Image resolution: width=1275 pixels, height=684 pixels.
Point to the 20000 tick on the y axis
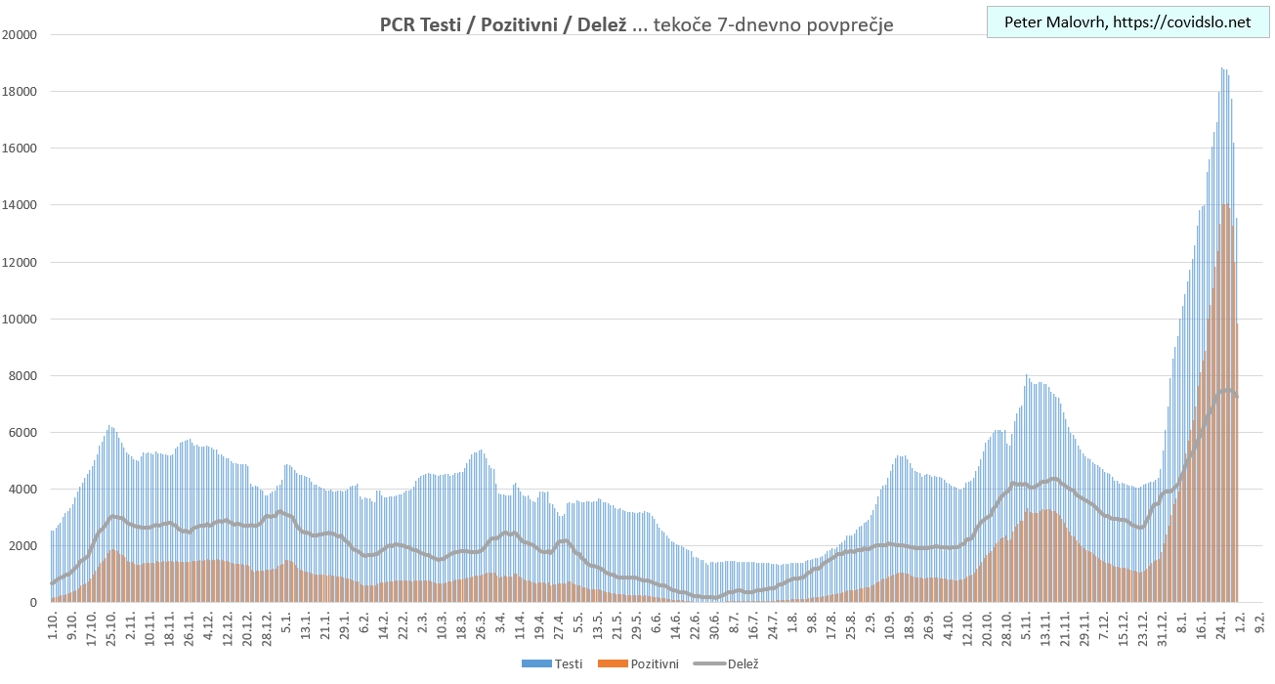coord(20,35)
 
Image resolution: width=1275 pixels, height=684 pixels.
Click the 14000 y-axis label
coord(20,205)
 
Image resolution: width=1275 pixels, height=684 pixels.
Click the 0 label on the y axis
coord(33,603)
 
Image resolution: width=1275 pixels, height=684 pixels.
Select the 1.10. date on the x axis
coord(53,623)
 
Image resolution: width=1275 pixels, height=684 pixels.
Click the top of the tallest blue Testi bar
coord(1222,68)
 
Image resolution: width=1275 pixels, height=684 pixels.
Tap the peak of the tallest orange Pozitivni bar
coord(1226,204)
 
